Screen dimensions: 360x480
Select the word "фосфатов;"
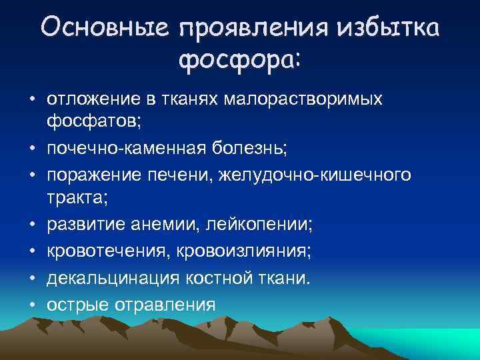85,123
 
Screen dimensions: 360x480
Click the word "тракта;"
75,198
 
